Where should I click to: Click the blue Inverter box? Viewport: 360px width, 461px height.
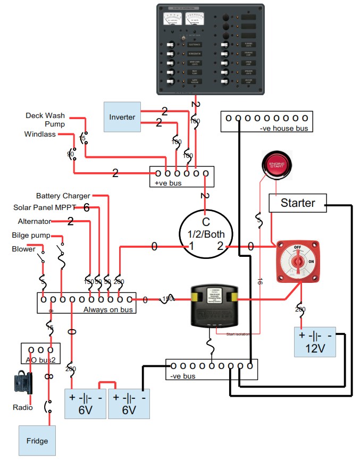pos(123,117)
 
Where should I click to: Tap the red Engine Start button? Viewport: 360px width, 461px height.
pos(277,165)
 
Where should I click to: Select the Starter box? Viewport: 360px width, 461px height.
pos(298,203)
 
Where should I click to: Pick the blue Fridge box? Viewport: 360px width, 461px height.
pos(37,441)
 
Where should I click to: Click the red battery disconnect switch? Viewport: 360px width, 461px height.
pos(299,262)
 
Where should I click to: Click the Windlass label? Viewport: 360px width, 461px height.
pos(40,134)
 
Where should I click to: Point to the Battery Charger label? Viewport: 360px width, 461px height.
pos(63,196)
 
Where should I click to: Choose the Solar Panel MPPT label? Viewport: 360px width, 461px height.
pos(45,207)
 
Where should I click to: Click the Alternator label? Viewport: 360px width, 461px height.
pos(35,221)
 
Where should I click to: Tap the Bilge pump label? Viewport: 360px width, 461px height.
pos(31,235)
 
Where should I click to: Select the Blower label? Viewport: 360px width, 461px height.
pos(23,249)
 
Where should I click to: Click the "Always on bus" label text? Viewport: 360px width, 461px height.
pos(108,309)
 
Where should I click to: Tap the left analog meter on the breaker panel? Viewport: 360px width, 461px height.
pos(173,19)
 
